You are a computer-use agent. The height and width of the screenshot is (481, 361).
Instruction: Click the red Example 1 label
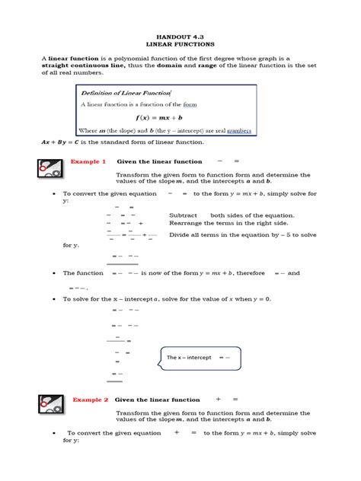pyautogui.click(x=88, y=161)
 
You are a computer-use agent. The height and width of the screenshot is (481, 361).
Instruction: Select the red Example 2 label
pyautogui.click(x=90, y=400)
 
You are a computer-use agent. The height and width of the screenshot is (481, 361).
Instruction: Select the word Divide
pyautogui.click(x=180, y=235)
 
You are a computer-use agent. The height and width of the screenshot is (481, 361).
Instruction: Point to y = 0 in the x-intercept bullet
pyautogui.click(x=261, y=299)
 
